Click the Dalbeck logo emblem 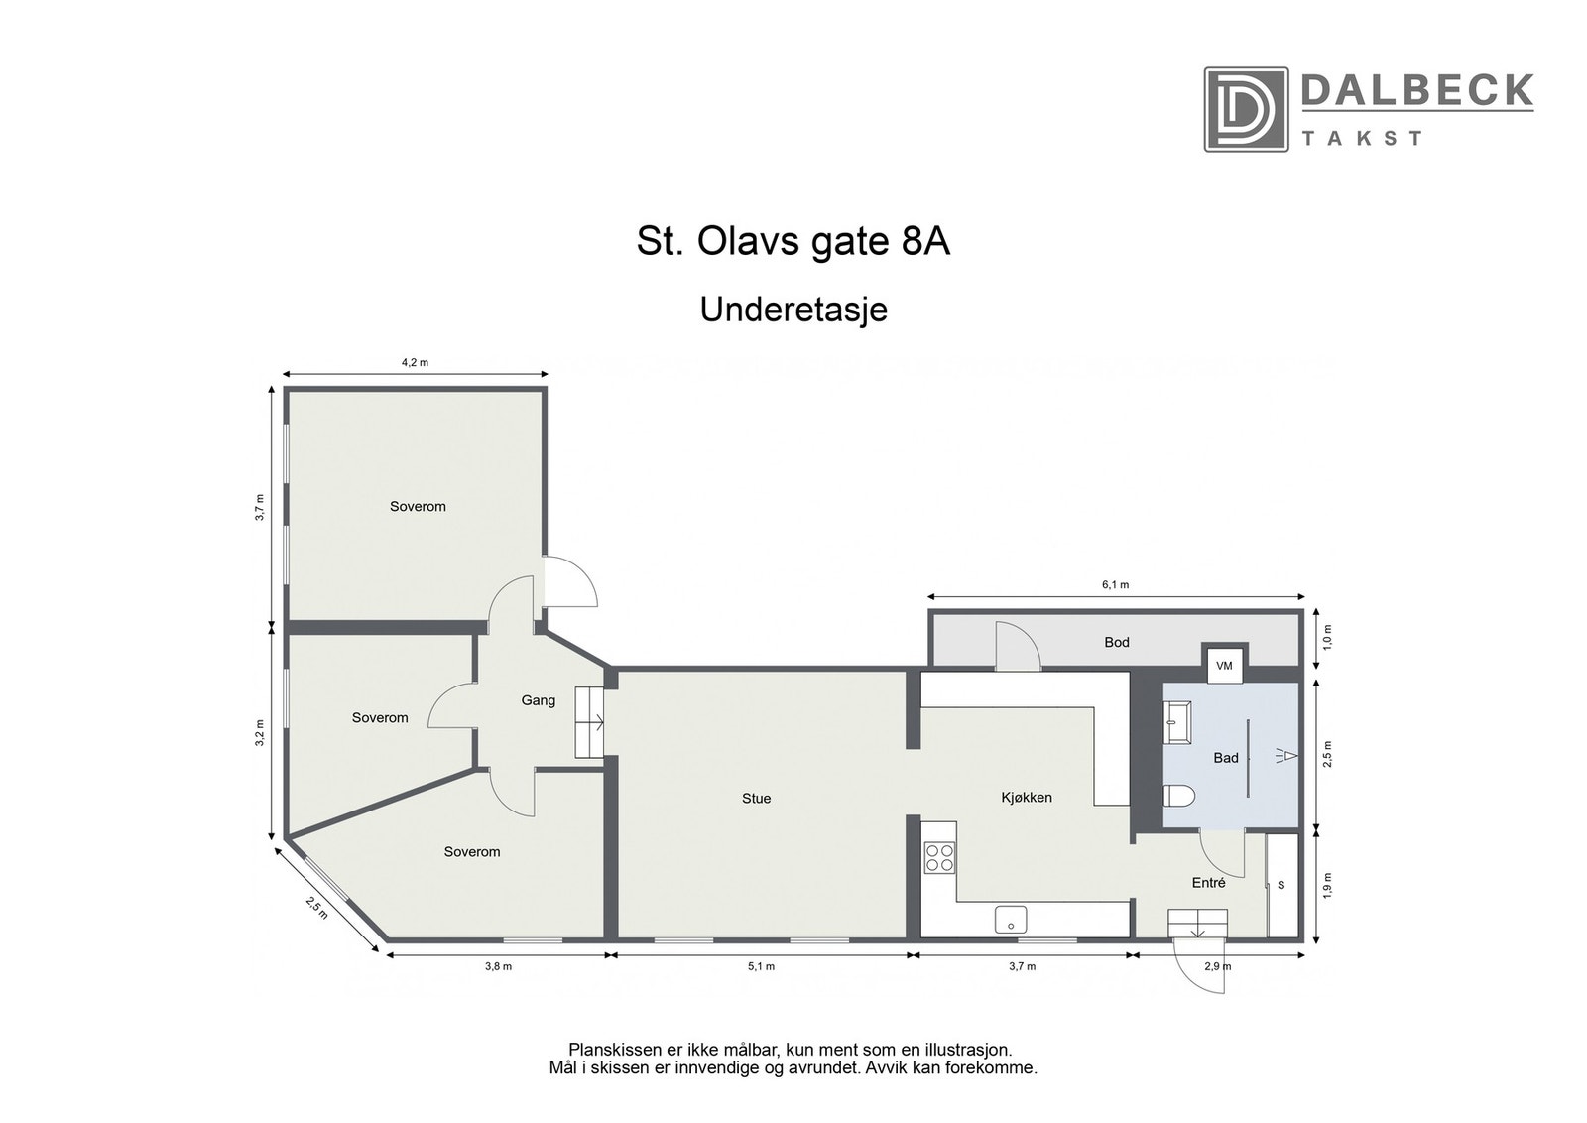[1246, 109]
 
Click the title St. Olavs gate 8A [793, 242]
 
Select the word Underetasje [793, 310]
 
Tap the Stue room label [756, 799]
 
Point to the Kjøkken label [1026, 798]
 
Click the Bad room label [1226, 758]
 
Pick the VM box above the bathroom [1224, 666]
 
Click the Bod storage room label [1117, 643]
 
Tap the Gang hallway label [538, 701]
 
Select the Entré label [1208, 883]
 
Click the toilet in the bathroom [1179, 797]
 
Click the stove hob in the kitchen [939, 857]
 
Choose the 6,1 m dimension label [1115, 585]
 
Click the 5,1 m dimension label [761, 967]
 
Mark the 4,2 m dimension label [415, 363]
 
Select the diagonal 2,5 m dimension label [316, 907]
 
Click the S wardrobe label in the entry [1281, 885]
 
